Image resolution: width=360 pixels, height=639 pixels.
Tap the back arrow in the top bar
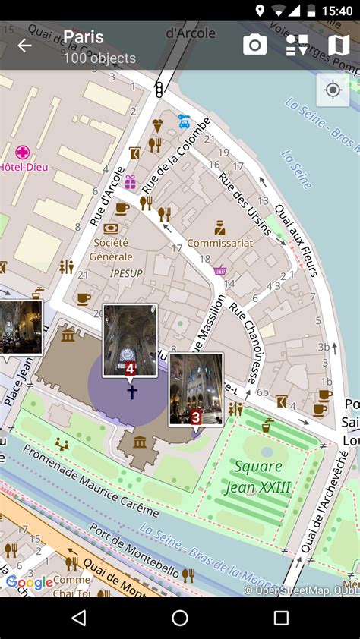click(25, 46)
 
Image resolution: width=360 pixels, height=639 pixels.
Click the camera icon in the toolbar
click(254, 46)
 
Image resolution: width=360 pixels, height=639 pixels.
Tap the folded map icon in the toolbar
click(338, 46)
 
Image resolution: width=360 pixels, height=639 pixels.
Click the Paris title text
click(84, 37)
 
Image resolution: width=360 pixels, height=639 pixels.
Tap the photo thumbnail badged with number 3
click(196, 388)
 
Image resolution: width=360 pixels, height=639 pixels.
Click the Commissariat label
click(219, 243)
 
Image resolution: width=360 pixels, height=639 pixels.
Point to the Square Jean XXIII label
click(258, 477)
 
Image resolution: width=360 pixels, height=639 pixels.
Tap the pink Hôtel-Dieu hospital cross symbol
click(23, 152)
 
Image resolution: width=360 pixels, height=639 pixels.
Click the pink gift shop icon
click(131, 181)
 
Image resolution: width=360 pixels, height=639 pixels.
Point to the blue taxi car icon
click(184, 120)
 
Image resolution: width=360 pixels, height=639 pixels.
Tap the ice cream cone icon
click(158, 125)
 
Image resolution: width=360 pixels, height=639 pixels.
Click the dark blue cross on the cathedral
click(132, 392)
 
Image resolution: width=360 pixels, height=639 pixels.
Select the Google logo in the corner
click(30, 582)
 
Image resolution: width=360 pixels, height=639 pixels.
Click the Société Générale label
click(111, 249)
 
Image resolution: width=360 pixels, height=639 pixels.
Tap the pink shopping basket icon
click(220, 270)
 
